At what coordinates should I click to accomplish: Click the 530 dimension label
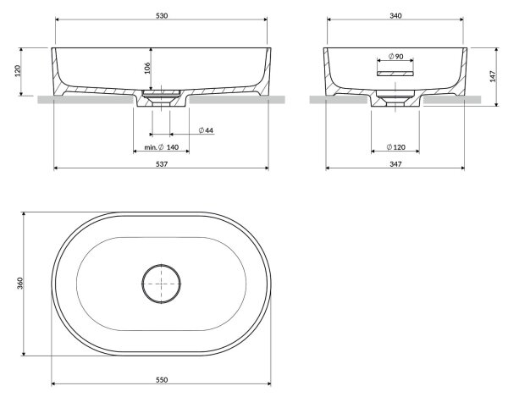point(162,15)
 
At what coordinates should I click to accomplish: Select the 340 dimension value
point(395,15)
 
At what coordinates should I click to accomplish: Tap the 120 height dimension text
point(18,70)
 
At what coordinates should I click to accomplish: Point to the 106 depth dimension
point(147,68)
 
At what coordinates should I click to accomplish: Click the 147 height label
point(493,76)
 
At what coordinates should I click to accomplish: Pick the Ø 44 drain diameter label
point(206,130)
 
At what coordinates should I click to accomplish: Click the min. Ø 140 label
point(162,147)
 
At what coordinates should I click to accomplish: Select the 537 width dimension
point(162,164)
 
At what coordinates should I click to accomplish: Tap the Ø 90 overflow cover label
point(395,57)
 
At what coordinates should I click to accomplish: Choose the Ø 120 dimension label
point(395,147)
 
